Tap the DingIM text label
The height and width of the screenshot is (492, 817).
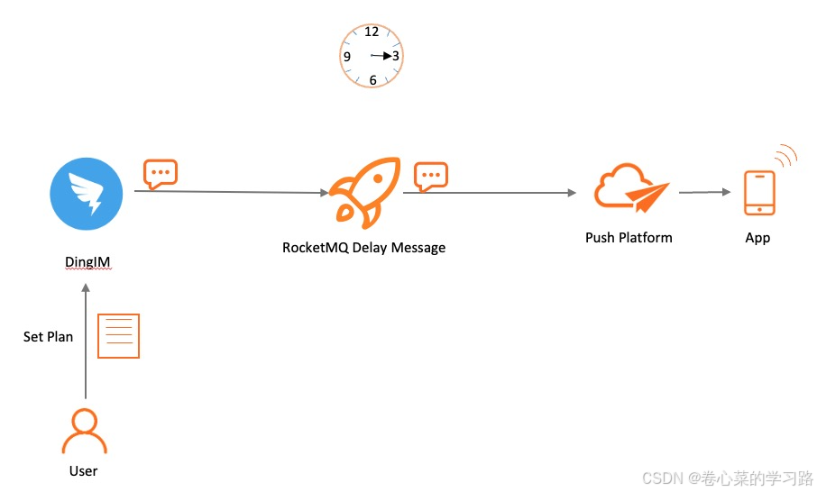click(x=87, y=262)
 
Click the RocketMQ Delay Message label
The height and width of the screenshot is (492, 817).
click(x=363, y=247)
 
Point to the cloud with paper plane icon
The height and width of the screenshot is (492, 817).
click(x=630, y=187)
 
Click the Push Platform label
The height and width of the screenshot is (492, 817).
click(x=629, y=238)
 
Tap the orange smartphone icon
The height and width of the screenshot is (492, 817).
click(x=758, y=193)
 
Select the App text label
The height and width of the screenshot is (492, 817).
click(x=757, y=238)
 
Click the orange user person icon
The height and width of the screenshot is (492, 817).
click(x=84, y=431)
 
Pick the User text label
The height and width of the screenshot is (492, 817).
click(x=84, y=470)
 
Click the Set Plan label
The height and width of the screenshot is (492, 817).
click(x=48, y=336)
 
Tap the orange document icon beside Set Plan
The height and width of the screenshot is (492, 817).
click(x=118, y=336)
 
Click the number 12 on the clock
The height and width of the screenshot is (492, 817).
click(x=372, y=32)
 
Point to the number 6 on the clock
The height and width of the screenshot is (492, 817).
click(x=372, y=80)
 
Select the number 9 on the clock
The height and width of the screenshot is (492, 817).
click(x=347, y=56)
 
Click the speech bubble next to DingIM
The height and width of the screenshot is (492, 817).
click(x=161, y=173)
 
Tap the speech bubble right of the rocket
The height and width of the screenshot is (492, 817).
click(x=430, y=175)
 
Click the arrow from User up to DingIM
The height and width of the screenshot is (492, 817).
click(x=86, y=342)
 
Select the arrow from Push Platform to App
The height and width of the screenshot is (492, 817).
click(x=704, y=192)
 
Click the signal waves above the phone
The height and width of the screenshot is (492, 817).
click(x=785, y=156)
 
